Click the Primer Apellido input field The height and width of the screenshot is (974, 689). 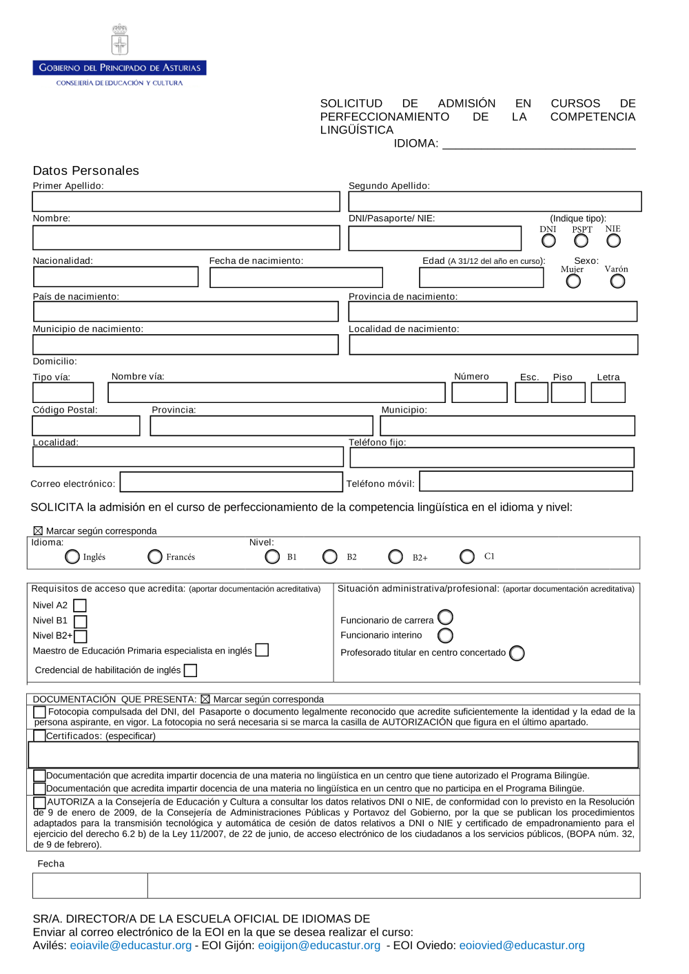point(186,202)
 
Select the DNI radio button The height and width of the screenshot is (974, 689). point(548,240)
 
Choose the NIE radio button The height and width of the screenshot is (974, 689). point(613,240)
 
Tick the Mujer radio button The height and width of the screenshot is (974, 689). point(573,280)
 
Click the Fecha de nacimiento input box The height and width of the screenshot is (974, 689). point(296,278)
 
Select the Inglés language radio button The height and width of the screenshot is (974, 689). point(72,557)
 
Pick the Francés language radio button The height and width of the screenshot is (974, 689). point(155,557)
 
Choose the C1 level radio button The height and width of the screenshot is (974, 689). point(467,557)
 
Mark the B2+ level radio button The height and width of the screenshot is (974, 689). point(395,557)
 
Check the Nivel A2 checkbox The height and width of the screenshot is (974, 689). point(80,605)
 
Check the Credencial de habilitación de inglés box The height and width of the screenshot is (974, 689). point(191,670)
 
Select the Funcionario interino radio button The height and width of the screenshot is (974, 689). point(446,635)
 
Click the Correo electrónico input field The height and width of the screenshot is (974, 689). point(231,482)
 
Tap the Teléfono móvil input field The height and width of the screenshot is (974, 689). point(526,481)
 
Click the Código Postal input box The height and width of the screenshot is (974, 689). point(86,426)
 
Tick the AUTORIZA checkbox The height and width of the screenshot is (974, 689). point(40,802)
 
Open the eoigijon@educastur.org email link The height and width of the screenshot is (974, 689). point(319,946)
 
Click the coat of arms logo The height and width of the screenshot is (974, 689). point(120,40)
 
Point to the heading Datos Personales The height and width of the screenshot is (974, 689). point(86,171)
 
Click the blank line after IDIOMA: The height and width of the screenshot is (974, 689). point(539,143)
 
